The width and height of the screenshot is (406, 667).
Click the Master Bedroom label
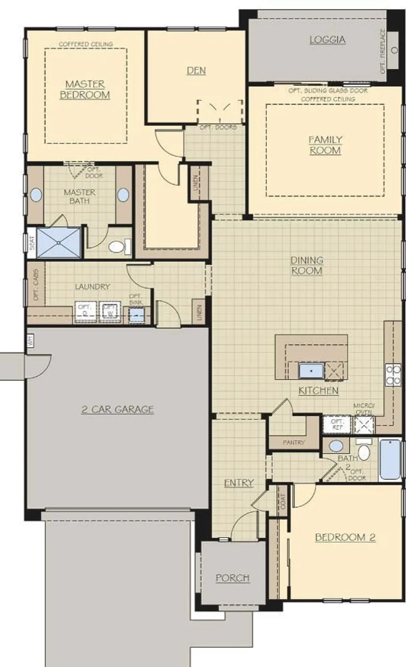coord(85,89)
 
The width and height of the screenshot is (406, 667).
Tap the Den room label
coord(196,70)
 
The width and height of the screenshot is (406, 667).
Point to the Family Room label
coord(325,145)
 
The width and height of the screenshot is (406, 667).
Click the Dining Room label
coord(307,265)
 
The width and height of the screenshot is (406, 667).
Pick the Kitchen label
coord(318,390)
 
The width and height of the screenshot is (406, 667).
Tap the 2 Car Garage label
coord(118,409)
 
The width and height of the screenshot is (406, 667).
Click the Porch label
coord(232,578)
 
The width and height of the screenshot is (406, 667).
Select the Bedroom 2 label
coord(345,537)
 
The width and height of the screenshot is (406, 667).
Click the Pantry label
coord(294,442)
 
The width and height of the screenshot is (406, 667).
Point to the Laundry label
coord(92,287)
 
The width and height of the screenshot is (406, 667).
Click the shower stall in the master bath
coord(59,242)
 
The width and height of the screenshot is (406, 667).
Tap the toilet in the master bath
coord(117,246)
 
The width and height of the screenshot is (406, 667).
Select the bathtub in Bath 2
coord(390,459)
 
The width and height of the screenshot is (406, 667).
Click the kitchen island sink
coord(311,370)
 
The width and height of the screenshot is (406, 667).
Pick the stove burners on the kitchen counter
coord(393,374)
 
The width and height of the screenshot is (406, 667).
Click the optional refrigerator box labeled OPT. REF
coord(337,424)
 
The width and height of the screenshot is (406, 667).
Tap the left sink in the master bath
coord(36,195)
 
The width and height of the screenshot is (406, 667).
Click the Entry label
coord(239,483)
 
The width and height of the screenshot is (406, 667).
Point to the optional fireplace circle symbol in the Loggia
coord(394,50)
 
